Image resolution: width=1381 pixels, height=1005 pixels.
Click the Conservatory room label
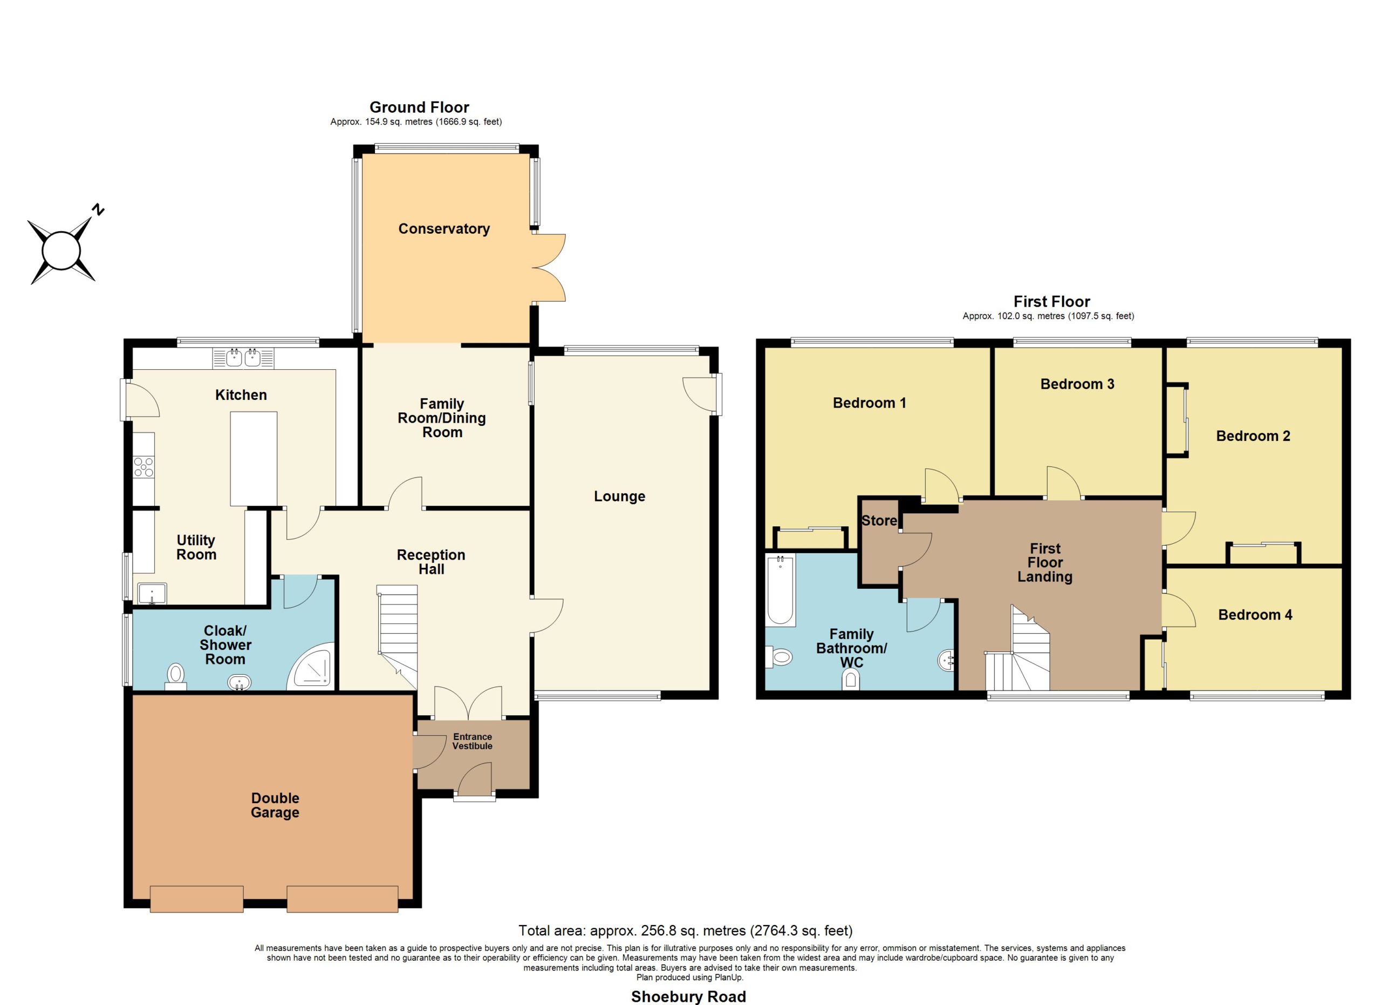coord(444,229)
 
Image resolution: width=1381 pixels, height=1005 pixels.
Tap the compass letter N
coord(98,210)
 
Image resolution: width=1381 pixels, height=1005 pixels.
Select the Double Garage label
coord(275,805)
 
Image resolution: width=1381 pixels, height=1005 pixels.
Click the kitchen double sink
coord(243,358)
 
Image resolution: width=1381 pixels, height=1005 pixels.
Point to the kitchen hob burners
coord(143,466)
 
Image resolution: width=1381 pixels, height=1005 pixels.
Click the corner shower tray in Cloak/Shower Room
coord(312,666)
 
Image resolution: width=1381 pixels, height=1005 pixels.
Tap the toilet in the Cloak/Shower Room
coord(176,677)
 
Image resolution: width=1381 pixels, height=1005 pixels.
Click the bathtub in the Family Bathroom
coord(781,590)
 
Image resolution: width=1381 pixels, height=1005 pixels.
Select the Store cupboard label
coord(879,521)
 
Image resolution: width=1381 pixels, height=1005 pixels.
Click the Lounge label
coord(619,497)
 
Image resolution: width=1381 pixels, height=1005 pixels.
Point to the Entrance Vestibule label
coord(473,741)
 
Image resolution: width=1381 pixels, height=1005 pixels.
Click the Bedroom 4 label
coord(1255,615)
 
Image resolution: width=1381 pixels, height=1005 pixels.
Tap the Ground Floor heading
coord(419,108)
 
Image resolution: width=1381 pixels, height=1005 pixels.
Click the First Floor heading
coord(1051,302)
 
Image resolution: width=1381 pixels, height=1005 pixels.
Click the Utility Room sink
coord(152,593)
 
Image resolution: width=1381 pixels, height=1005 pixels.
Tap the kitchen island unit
coord(254,459)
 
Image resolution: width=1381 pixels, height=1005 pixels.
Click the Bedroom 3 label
coord(1077,384)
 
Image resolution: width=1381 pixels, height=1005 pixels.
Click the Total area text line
coord(686,931)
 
